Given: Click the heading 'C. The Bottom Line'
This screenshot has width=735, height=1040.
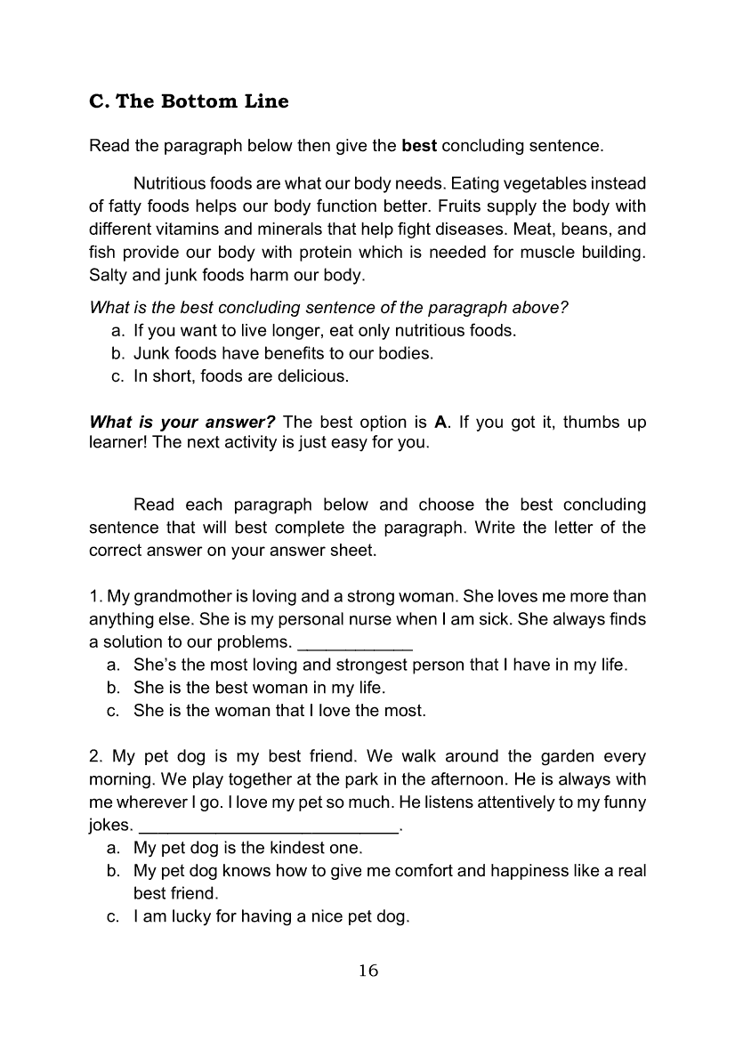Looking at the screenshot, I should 189,101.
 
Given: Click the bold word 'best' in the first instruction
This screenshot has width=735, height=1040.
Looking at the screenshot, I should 420,145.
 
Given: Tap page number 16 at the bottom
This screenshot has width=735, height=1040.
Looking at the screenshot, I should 368,970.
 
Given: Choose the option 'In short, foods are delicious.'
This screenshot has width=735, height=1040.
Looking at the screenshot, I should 240,376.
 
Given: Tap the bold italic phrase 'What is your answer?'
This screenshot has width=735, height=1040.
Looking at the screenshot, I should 182,422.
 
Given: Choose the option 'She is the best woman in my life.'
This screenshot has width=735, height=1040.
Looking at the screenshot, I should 259,688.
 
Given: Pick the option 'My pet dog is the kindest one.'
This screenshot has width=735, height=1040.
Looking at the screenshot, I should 248,848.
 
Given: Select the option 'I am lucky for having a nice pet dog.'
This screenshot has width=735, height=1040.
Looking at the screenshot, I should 271,916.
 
